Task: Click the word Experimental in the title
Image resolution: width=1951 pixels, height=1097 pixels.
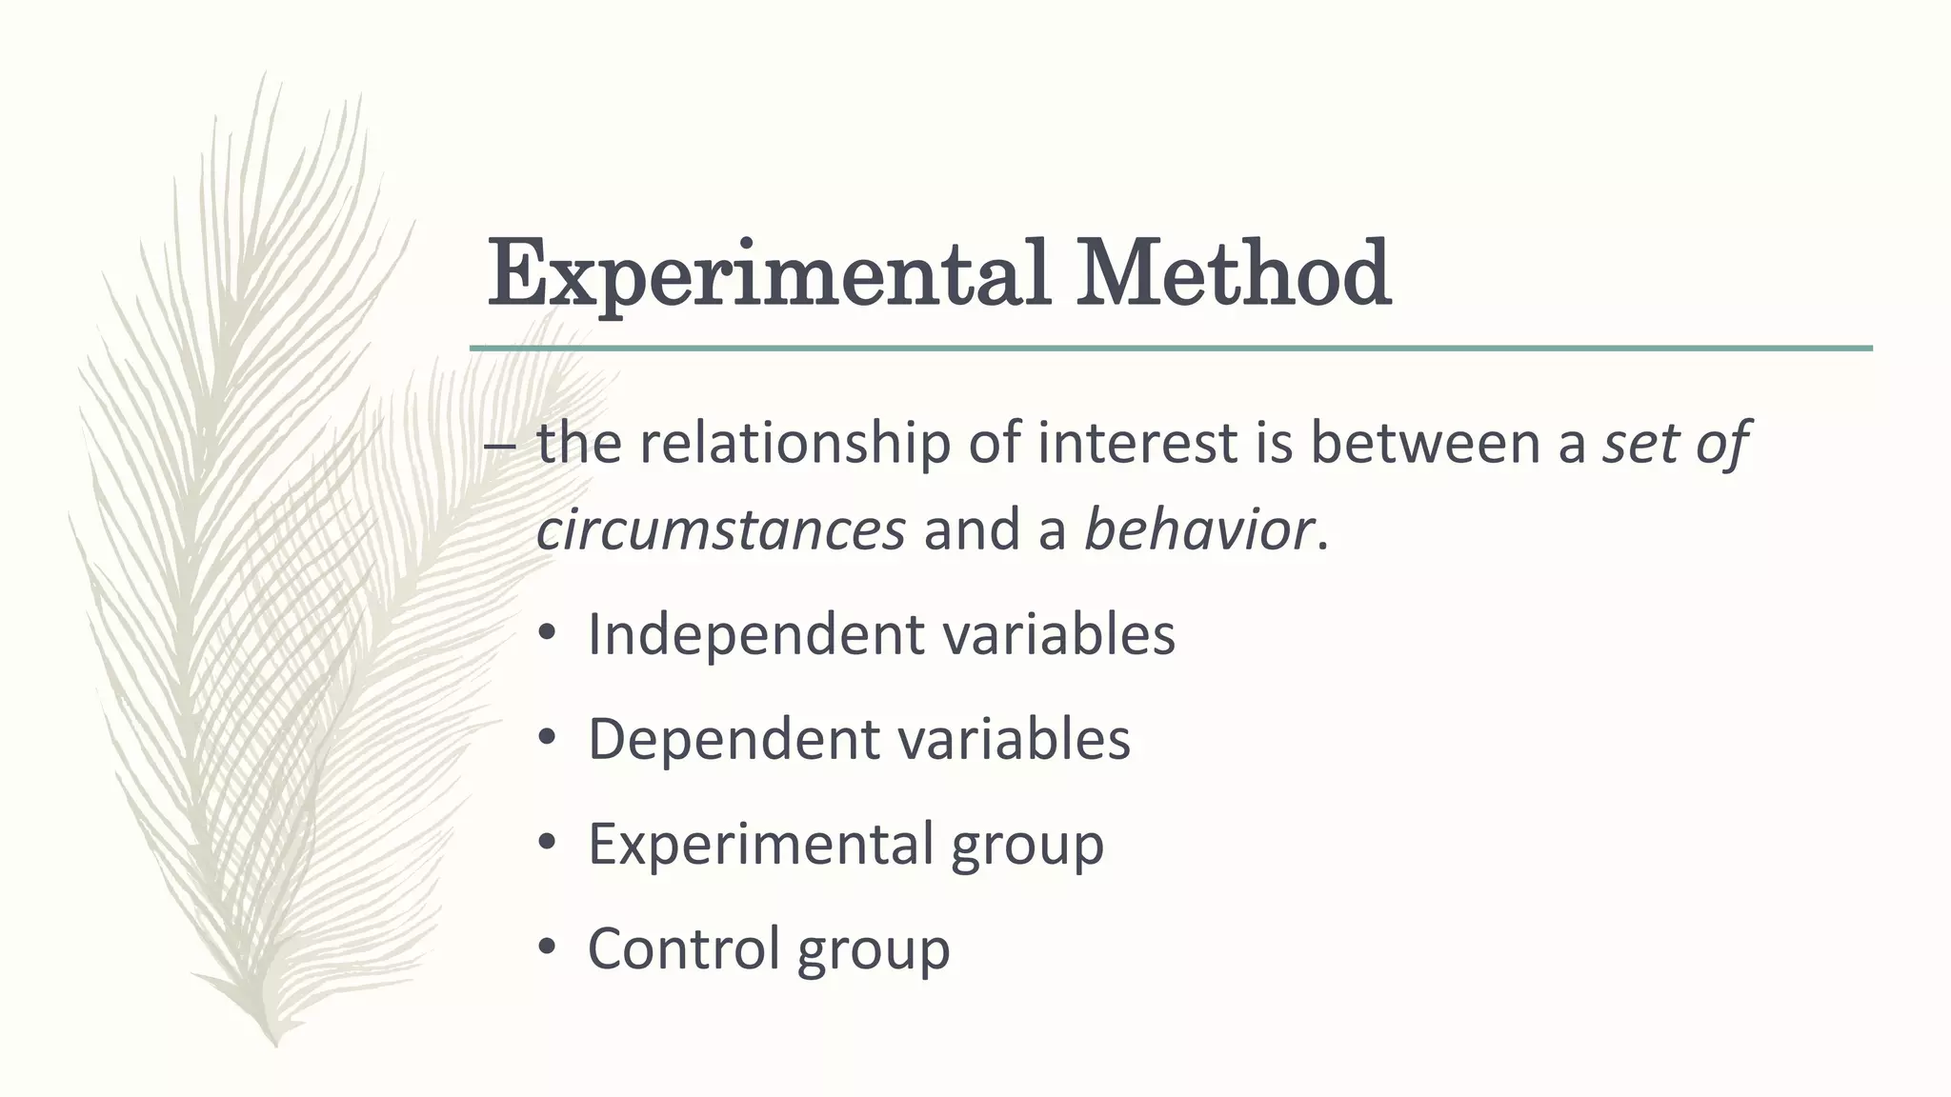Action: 768,276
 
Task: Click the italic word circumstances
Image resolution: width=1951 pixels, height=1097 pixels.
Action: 720,529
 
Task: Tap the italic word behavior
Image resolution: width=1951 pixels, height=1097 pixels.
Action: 1198,529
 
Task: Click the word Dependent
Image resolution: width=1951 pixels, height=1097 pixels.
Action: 730,740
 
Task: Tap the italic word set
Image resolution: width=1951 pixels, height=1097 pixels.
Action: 1639,444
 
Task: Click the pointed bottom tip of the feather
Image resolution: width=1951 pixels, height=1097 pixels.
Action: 274,1044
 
